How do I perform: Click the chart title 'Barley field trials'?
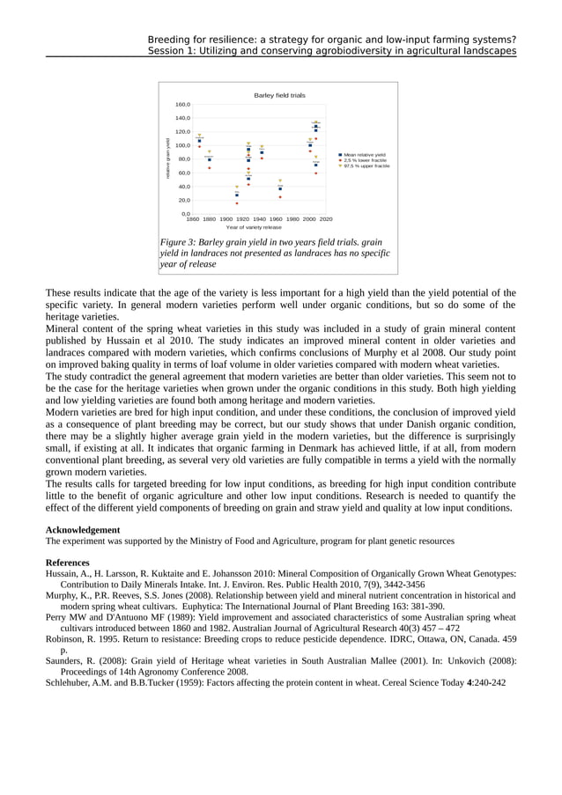[x=279, y=94]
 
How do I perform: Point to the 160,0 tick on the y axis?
[x=182, y=104]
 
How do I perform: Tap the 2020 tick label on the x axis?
[x=325, y=218]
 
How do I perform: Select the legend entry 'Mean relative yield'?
[x=364, y=155]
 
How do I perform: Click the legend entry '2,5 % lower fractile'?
[x=365, y=160]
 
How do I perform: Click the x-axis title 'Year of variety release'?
[x=254, y=227]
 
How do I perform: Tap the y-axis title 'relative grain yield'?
[x=167, y=159]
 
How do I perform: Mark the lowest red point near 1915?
[x=236, y=203]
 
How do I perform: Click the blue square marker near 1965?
[x=280, y=188]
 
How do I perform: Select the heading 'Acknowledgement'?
[x=83, y=530]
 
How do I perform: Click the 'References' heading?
[x=67, y=562]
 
